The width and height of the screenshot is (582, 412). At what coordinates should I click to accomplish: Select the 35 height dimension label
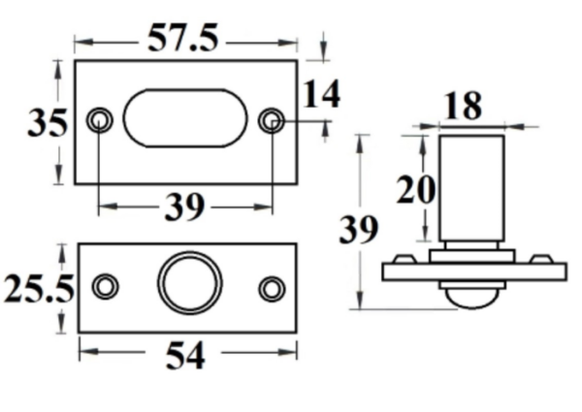(47, 123)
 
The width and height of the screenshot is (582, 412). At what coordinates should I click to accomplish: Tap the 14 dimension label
(321, 95)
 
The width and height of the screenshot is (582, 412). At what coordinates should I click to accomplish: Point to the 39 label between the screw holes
(183, 206)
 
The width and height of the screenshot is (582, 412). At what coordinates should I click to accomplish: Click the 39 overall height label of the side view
(358, 231)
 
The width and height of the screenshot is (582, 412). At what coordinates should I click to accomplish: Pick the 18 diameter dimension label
(466, 106)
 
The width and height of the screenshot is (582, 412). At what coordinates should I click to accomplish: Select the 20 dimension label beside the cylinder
(414, 190)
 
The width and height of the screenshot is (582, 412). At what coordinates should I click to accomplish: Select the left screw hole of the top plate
(99, 120)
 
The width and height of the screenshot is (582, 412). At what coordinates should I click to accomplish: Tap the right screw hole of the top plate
(273, 120)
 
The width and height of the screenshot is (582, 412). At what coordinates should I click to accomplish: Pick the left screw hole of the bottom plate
(105, 287)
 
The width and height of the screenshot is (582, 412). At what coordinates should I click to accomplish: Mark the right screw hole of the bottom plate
(272, 288)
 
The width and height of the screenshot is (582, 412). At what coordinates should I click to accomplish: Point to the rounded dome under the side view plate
(470, 296)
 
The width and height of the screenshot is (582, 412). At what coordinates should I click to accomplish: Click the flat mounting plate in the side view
(470, 272)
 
